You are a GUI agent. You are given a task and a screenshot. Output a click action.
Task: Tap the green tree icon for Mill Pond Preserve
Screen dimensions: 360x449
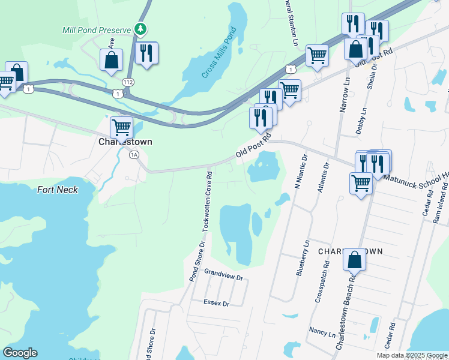click(x=140, y=28)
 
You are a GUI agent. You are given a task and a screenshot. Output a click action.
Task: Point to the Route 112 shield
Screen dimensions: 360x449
click(x=127, y=82)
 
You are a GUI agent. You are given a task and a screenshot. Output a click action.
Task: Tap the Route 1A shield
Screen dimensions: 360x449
click(x=134, y=155)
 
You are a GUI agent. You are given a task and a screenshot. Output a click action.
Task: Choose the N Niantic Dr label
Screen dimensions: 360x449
click(x=304, y=172)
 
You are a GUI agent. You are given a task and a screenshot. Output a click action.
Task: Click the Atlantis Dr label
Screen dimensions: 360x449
click(x=326, y=175)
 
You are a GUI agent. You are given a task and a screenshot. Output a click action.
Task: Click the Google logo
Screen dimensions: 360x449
click(x=20, y=353)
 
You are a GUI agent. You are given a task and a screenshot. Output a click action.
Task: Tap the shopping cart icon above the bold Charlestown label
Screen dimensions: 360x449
click(x=121, y=127)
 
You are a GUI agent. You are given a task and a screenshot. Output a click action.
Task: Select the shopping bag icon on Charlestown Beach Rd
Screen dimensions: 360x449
click(x=354, y=260)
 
